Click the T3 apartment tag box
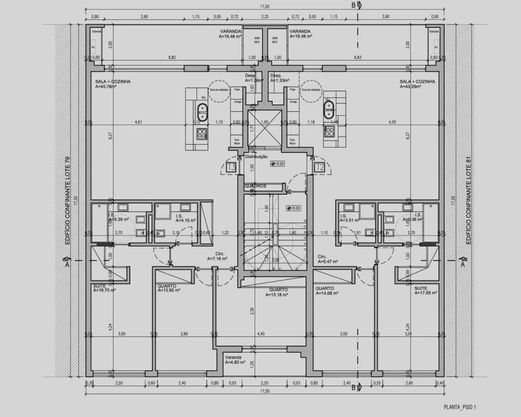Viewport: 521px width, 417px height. (232, 167)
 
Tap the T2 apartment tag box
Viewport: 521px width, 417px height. (319, 167)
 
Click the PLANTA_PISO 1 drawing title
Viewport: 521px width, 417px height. (460, 408)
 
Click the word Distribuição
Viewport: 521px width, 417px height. (256, 157)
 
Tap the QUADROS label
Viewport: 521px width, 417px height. (255, 186)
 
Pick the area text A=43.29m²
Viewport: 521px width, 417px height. (412, 87)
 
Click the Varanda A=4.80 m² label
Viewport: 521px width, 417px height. (235, 360)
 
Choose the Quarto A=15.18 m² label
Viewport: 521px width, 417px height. (278, 292)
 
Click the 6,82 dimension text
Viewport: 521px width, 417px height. (172, 57)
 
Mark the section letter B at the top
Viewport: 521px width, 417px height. (353, 5)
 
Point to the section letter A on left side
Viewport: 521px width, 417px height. (68, 264)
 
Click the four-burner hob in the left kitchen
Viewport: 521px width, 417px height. (201, 134)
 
